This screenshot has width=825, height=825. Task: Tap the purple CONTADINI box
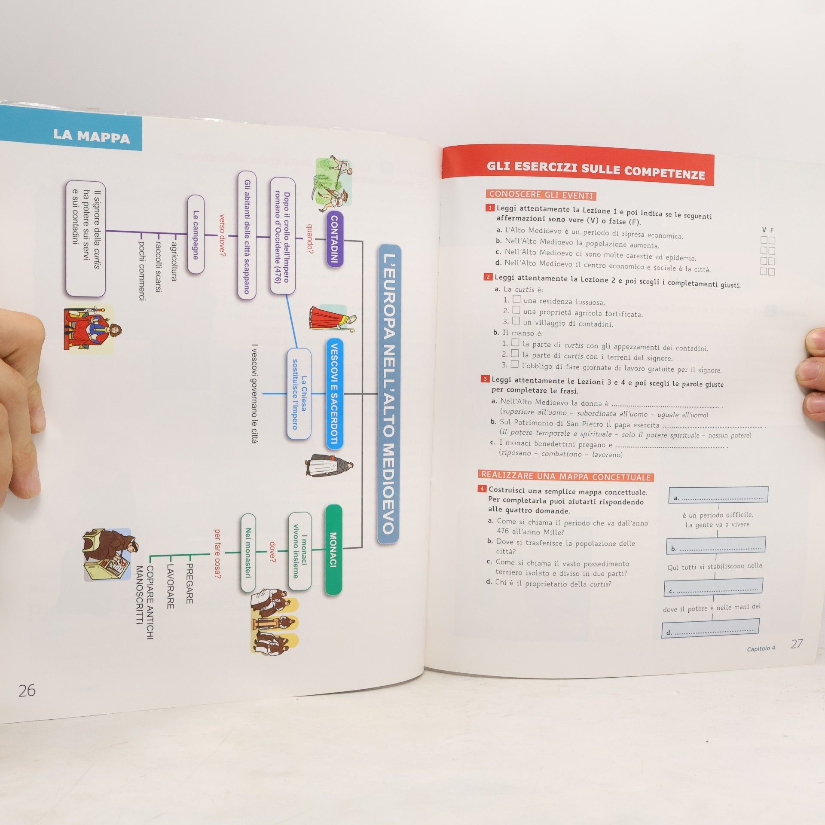point(334,239)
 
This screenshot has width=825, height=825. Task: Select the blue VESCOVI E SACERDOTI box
point(334,394)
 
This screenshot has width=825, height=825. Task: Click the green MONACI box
point(333,550)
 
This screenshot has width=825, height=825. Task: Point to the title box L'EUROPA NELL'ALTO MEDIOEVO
point(388,394)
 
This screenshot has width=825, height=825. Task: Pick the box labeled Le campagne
point(196,235)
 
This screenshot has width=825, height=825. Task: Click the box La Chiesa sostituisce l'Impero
point(299,394)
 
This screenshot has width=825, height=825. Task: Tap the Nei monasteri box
point(248,553)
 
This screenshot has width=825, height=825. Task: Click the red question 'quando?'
point(309,238)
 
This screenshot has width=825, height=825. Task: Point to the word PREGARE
point(189,584)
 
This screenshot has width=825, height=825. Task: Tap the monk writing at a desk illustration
point(110,554)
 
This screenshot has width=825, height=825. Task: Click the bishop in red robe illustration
point(332,318)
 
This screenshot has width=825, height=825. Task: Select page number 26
point(27,691)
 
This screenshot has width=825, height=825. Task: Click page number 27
point(797,644)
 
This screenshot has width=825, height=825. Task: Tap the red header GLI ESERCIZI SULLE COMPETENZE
point(596,170)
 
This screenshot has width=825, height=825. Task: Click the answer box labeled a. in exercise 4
point(718,495)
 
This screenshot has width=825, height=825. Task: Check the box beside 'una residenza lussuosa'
point(516,299)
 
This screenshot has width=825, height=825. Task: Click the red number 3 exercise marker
point(485,379)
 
